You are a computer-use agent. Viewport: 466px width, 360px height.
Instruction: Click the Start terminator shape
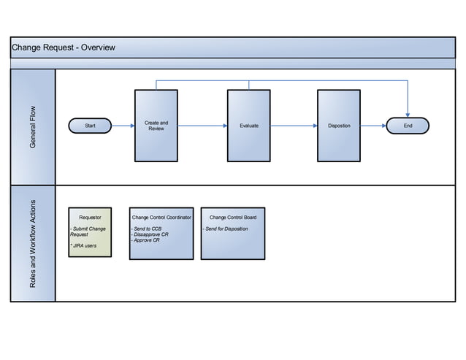[90, 126]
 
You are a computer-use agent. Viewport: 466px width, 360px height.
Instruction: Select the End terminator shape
[408, 126]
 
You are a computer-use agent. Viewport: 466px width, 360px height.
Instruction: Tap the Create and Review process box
[156, 126]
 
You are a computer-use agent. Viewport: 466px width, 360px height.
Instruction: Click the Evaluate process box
[249, 126]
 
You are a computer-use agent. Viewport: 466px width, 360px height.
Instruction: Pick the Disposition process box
[339, 126]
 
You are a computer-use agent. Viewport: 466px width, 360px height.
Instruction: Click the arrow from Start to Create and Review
[123, 126]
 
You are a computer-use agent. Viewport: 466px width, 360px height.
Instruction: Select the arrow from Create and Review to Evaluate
[202, 126]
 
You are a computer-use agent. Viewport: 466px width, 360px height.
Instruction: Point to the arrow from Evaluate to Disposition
[294, 126]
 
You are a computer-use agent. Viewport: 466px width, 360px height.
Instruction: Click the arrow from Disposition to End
[373, 126]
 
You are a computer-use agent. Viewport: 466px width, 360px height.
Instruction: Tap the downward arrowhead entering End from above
[408, 113]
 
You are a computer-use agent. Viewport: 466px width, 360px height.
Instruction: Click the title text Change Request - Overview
[64, 48]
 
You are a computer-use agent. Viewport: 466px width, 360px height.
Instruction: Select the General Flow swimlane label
[33, 127]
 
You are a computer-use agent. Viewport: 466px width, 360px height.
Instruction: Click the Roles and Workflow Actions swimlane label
[33, 243]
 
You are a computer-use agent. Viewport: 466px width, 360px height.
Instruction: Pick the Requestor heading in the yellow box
[90, 217]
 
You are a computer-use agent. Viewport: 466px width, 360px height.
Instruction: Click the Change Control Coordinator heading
[161, 217]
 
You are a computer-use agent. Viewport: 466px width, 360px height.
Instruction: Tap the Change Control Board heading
[232, 217]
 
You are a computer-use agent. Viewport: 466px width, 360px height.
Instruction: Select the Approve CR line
[147, 240]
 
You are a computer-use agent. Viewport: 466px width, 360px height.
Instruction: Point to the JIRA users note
[83, 246]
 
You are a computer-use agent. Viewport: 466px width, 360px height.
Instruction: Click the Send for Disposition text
[226, 229]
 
